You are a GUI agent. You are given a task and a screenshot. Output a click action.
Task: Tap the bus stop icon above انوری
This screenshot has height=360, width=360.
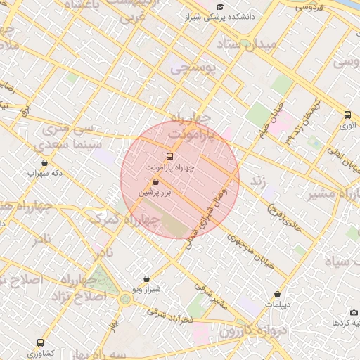tap(347, 115)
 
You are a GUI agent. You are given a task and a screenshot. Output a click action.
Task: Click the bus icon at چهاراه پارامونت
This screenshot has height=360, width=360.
tap(169, 156)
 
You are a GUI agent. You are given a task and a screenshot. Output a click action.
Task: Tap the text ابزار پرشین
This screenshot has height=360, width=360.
tap(155, 192)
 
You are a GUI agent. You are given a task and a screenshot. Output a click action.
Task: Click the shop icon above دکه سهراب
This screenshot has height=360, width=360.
tap(44, 162)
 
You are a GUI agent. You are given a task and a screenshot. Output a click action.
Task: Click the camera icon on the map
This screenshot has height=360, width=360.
tap(354, 311)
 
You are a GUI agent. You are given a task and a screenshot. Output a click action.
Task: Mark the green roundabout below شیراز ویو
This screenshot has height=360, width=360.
tap(125, 300)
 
